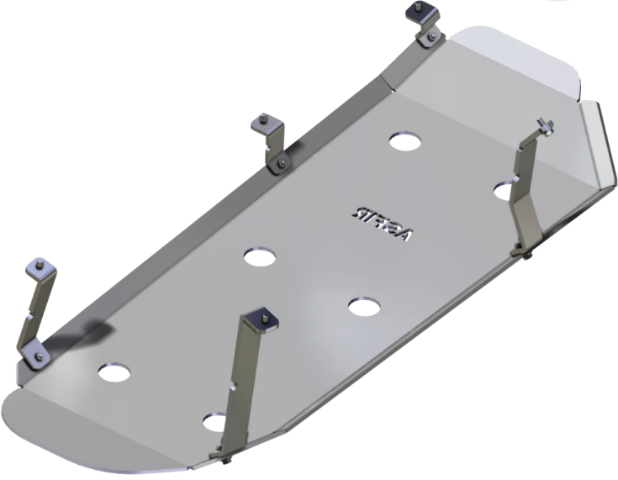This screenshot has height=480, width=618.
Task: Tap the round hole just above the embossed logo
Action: [405, 140]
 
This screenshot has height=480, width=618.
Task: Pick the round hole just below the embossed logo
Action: [363, 307]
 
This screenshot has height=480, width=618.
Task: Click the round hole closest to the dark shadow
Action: [114, 371]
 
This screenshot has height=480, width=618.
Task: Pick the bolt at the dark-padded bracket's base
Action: [430, 37]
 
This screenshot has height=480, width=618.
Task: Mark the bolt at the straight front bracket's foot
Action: [229, 460]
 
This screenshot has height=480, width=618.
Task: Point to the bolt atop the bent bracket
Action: [547, 127]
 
